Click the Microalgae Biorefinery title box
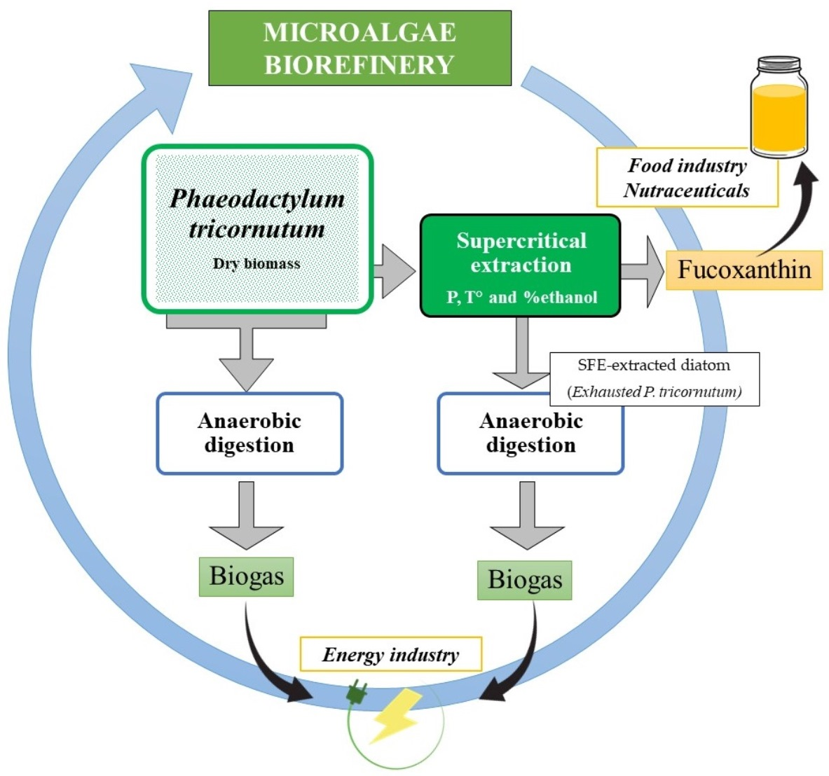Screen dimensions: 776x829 (359, 48)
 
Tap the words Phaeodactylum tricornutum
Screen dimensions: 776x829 (257, 213)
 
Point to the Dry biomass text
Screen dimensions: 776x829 (256, 264)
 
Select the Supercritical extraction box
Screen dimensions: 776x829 (520, 266)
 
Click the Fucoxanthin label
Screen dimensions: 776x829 (744, 270)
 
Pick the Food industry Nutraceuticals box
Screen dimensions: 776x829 (687, 178)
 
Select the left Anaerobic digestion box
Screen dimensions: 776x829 (249, 434)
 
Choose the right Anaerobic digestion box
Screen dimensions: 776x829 (530, 434)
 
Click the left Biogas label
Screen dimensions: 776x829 (247, 576)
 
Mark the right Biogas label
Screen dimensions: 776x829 (525, 580)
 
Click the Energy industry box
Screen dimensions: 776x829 (390, 655)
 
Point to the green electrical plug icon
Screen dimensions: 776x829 (357, 693)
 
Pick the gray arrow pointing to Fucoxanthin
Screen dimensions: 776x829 (642, 272)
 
